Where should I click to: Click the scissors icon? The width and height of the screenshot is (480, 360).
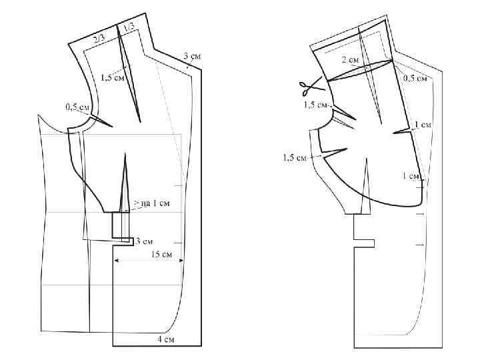311,85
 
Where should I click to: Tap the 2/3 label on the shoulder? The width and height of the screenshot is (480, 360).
99,39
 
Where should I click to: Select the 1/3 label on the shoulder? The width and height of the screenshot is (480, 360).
129,27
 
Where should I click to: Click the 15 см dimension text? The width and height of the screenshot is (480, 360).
161,254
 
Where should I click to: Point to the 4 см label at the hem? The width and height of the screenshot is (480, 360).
165,339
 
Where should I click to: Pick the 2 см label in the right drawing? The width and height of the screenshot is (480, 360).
350,60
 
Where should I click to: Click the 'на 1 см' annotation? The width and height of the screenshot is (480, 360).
155,203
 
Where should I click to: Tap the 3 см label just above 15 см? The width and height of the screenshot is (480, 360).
143,241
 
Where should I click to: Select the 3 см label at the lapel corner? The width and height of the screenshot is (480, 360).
192,56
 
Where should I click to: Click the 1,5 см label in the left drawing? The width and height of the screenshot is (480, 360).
113,77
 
